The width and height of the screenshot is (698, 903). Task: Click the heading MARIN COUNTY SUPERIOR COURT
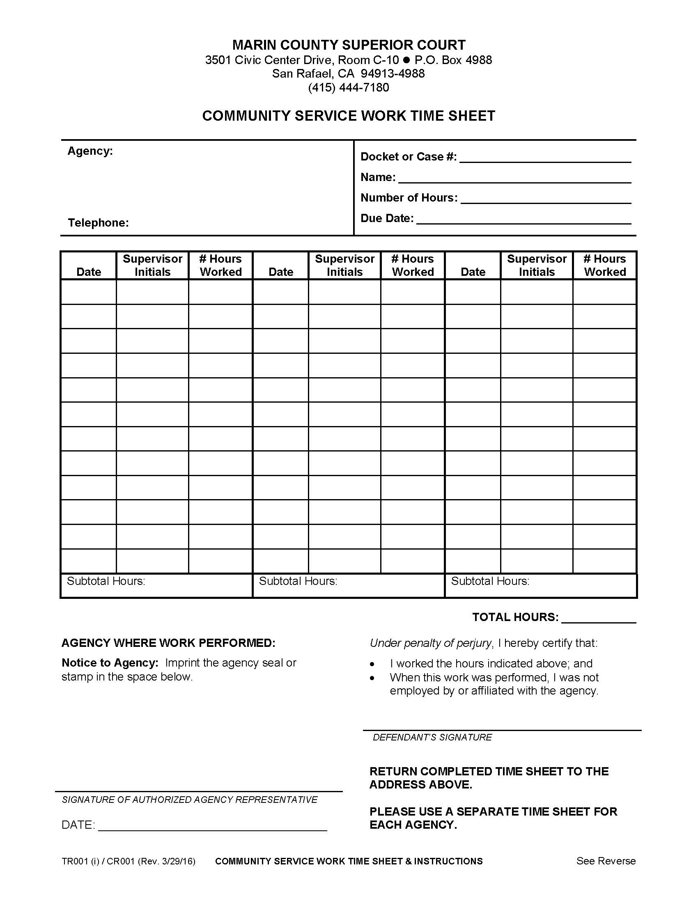349,45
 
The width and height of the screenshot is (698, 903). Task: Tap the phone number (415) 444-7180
348,88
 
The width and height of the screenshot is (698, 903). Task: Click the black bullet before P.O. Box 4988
406,60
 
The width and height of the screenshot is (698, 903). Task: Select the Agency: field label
90,151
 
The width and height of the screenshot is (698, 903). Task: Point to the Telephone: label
99,223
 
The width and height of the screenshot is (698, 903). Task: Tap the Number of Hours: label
409,198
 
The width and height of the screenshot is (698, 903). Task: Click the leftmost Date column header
89,272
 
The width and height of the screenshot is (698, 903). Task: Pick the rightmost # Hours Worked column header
604,266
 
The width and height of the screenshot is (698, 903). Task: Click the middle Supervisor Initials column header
344,266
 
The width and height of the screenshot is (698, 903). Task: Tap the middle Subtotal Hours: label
298,581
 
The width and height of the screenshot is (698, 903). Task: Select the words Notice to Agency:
110,663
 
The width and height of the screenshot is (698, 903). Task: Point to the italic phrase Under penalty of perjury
430,643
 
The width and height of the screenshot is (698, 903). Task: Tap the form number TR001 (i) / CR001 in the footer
98,861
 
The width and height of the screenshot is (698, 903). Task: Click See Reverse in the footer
605,861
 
